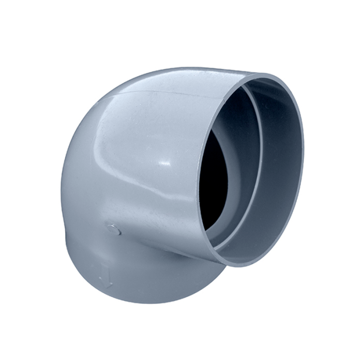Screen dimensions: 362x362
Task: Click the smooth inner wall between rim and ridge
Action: (279, 171)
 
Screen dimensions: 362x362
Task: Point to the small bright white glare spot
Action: (164, 163)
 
